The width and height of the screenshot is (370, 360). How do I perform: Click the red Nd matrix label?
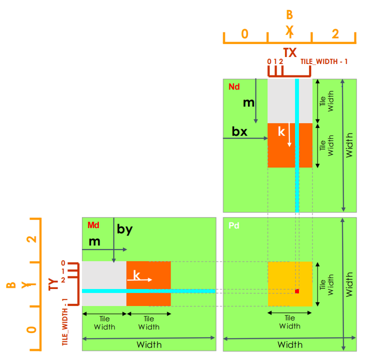234,87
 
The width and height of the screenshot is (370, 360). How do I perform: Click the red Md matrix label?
93,225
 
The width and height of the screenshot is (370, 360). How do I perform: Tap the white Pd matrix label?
234,225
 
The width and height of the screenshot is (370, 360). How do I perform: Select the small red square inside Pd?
296,291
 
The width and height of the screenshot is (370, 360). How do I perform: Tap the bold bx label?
239,131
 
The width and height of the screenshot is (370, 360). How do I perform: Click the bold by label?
124,229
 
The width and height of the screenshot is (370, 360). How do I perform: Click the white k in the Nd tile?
281,132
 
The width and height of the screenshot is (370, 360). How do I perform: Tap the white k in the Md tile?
136,275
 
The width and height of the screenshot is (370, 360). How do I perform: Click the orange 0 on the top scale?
244,34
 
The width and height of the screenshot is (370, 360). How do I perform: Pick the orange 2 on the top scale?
335,34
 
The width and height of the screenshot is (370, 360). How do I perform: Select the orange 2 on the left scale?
32,238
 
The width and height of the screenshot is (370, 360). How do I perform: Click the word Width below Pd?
290,345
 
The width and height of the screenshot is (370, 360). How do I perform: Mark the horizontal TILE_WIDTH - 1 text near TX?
324,61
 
